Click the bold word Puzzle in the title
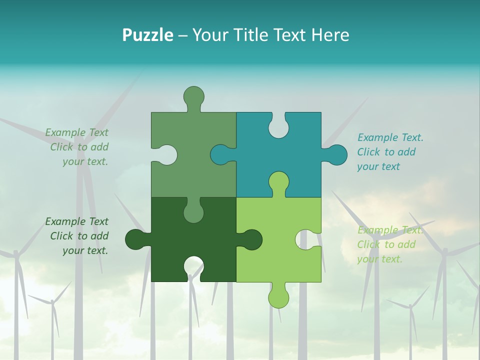147,35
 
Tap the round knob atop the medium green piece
193,96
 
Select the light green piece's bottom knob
278,297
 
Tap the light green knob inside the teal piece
278,182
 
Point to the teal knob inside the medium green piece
220,154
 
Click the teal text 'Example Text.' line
390,137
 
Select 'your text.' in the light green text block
379,259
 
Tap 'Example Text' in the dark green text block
76,221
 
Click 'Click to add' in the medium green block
79,147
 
